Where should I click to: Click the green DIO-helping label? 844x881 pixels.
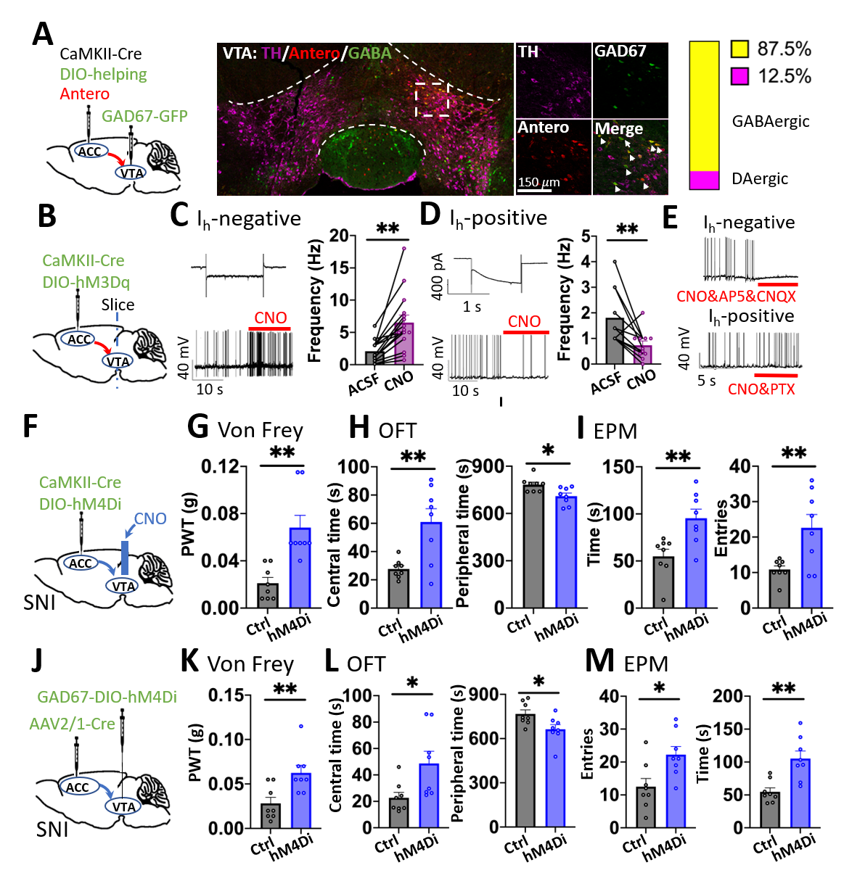[x=103, y=74]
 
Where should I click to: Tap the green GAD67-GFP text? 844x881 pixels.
[x=144, y=116]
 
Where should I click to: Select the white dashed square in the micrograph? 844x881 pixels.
[x=432, y=99]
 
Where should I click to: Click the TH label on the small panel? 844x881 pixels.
[x=528, y=51]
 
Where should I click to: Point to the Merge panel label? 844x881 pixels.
[x=618, y=129]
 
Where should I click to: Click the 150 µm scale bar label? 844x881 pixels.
[x=538, y=182]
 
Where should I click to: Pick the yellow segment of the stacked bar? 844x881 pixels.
[x=704, y=107]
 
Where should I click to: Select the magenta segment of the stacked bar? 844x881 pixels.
[x=704, y=180]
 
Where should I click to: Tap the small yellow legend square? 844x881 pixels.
[x=739, y=49]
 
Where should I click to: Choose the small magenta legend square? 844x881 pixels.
[x=739, y=76]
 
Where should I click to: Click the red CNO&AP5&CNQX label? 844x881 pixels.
[x=736, y=297]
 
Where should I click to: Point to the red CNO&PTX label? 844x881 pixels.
[x=761, y=389]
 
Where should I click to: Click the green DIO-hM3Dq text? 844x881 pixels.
[x=86, y=282]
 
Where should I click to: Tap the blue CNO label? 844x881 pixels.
[x=150, y=518]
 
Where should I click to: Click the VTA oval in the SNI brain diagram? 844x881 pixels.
[x=123, y=807]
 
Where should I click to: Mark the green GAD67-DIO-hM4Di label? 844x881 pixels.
[x=107, y=697]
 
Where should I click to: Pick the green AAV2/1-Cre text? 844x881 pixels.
[x=72, y=724]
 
